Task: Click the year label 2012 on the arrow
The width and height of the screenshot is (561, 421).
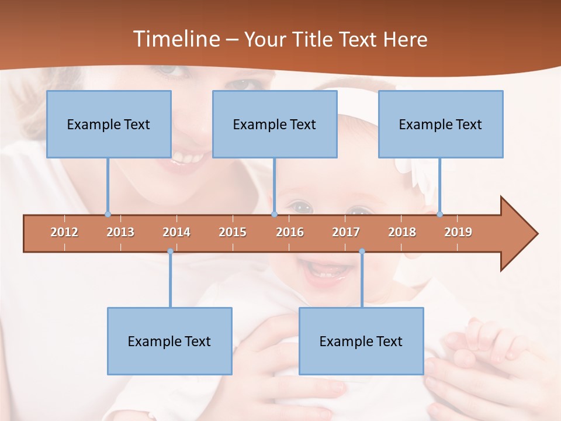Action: point(64,232)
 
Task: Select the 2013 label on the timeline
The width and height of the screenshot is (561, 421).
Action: point(120,232)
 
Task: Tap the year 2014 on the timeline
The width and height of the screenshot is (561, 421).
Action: point(176,232)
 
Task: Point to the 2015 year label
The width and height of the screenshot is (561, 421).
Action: point(233,232)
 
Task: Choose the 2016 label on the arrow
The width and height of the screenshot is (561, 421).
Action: point(290,232)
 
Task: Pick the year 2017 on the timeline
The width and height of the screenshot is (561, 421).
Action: point(346,232)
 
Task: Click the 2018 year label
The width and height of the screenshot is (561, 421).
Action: point(402,232)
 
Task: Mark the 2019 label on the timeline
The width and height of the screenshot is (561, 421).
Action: point(458,232)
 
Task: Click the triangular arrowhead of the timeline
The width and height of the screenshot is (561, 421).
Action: point(518,234)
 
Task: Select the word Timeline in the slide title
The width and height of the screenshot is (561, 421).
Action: point(175,39)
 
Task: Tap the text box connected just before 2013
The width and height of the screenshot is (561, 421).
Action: point(109,124)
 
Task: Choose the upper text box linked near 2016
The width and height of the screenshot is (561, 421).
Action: point(275,124)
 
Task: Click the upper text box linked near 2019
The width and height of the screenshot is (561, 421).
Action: point(441,124)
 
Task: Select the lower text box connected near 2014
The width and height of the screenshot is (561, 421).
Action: point(169,341)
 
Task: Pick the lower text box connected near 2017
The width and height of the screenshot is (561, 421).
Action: point(361,341)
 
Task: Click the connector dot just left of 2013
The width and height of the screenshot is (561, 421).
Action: point(108,214)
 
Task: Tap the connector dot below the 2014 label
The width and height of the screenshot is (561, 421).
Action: point(170,251)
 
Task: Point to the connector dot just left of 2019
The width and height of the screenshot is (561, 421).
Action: point(439,214)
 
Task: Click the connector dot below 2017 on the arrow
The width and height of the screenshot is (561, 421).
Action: point(362,251)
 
